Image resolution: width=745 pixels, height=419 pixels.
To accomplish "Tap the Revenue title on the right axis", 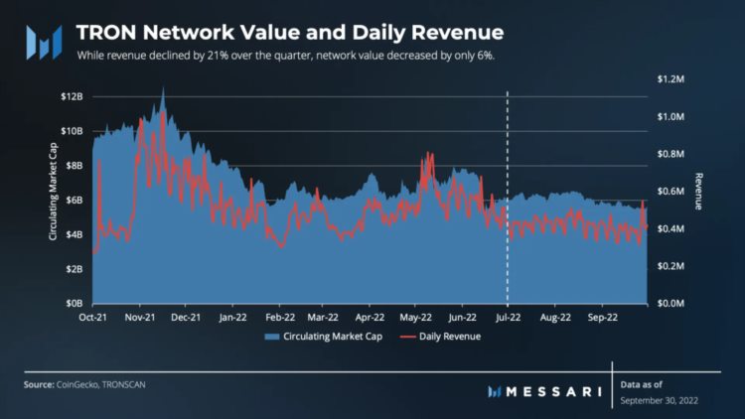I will coord(697,191).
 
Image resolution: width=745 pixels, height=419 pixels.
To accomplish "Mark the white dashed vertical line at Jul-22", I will coord(508,199).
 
